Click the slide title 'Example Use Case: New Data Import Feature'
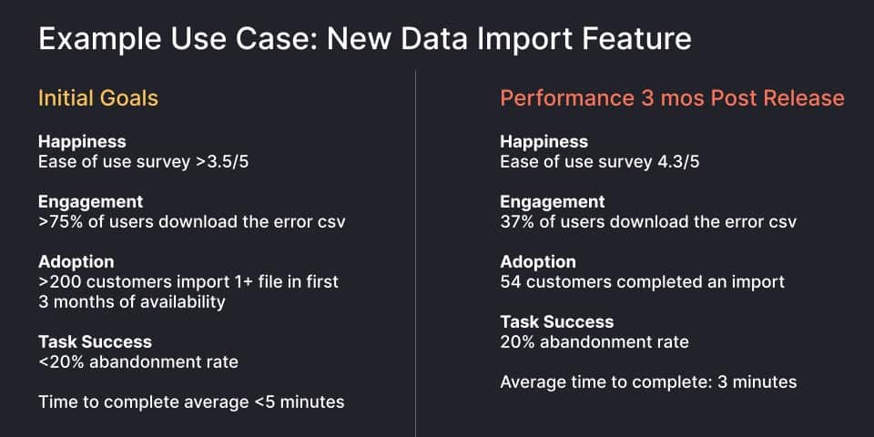tap(364, 39)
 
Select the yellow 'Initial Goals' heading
tap(98, 97)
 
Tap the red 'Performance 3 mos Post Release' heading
tap(672, 97)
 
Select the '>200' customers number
tap(58, 282)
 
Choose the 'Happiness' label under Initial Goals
tap(82, 142)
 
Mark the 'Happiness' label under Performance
tap(544, 142)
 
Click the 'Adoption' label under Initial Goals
tap(76, 262)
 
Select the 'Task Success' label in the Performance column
tap(557, 321)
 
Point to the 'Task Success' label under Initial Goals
tap(95, 342)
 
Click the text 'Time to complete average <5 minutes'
tap(191, 401)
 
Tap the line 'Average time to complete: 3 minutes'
tap(648, 381)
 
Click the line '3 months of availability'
tap(131, 302)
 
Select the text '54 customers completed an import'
tap(642, 282)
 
